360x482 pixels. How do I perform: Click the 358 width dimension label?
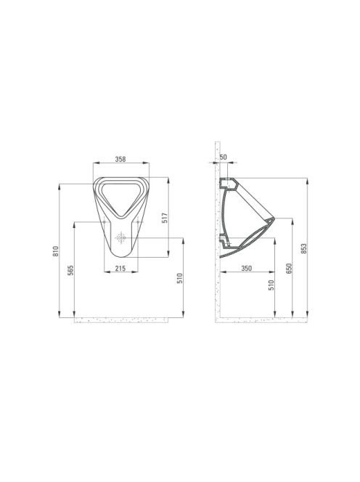point(120,159)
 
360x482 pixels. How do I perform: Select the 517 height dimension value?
point(165,218)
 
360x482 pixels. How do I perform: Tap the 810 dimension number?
point(55,251)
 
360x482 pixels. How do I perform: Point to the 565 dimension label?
point(70,270)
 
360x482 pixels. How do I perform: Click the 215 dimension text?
point(120,269)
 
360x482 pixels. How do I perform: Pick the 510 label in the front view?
point(180,278)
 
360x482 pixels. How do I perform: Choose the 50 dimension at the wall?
point(224,157)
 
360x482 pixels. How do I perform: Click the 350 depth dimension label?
point(247,269)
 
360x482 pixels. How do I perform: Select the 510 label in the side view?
point(271,285)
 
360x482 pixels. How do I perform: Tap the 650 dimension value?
point(288,269)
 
